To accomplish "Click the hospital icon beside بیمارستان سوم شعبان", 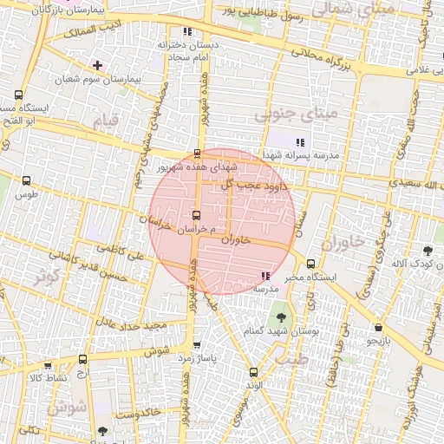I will tap(97, 65).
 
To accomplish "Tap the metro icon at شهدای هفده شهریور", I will tap(197, 153).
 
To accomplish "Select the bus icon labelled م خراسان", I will tap(195, 214).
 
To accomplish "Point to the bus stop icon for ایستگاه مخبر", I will tap(311, 264).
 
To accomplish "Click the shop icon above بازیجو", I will tap(378, 328).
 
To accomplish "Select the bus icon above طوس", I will tap(26, 181).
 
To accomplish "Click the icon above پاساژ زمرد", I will tap(197, 344).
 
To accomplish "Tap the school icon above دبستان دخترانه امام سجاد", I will tap(187, 32).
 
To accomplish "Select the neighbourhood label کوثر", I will tap(45, 277).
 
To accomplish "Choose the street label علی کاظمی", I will tap(147, 256).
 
